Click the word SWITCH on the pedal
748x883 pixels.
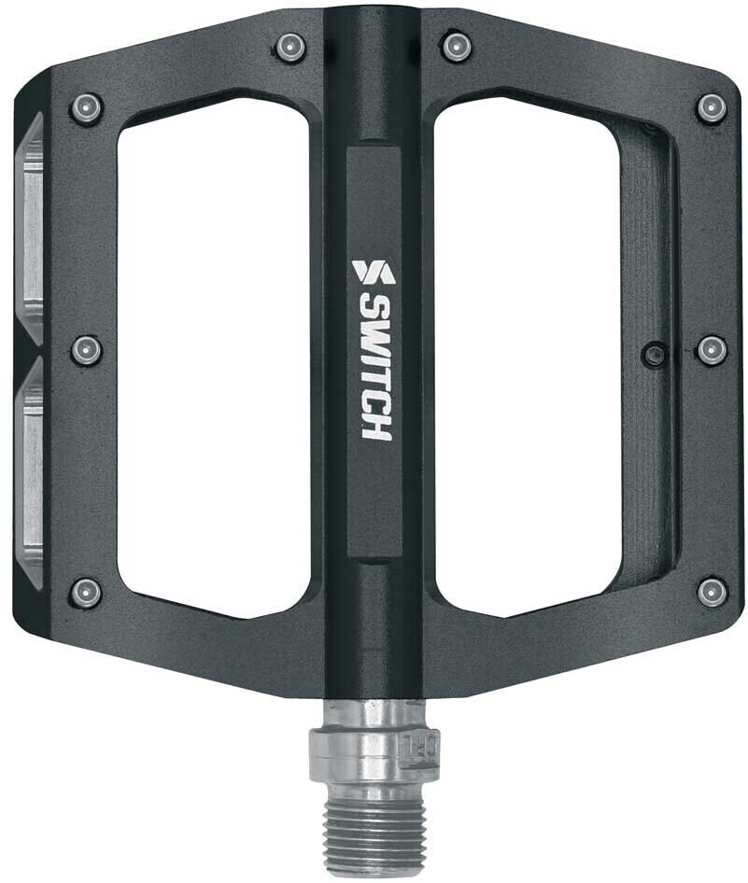(x=375, y=367)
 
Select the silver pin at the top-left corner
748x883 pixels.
(x=86, y=108)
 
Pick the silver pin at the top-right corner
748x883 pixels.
(x=712, y=107)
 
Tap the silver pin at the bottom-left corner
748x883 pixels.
(x=86, y=592)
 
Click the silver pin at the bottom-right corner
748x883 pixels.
(x=712, y=591)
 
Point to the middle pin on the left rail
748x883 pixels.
(x=86, y=350)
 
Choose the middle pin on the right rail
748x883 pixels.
(x=712, y=350)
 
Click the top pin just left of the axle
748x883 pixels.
(x=291, y=47)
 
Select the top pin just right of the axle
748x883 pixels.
(x=456, y=46)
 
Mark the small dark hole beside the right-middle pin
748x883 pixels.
(x=656, y=354)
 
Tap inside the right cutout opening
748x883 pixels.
(x=528, y=355)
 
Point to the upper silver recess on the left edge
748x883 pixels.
(x=31, y=224)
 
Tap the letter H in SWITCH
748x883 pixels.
(x=375, y=425)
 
